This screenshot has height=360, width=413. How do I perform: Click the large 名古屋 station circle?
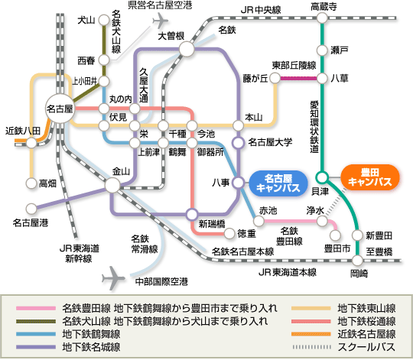point(60,109)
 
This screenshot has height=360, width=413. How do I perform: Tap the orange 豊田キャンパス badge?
point(370,177)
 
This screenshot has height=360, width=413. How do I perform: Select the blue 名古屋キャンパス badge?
point(278,183)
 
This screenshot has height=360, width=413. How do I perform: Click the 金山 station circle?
point(112,184)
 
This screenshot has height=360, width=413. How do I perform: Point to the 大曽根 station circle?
point(187,49)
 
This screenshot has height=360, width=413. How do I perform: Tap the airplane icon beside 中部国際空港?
point(113,277)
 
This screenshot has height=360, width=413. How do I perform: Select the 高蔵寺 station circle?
point(322,18)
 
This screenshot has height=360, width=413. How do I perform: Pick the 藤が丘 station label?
point(255,79)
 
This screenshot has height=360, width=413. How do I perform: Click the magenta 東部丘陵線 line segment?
point(298,78)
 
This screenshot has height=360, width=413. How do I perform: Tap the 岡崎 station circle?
point(358,261)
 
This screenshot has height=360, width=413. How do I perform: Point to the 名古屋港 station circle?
point(31,209)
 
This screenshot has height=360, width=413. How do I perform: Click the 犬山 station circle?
point(104,20)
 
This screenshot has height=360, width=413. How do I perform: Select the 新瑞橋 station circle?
point(192,214)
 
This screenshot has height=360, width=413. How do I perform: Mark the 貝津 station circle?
point(322,177)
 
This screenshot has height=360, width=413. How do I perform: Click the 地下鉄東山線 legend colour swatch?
point(311,308)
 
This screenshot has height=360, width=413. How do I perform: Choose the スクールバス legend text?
point(366,347)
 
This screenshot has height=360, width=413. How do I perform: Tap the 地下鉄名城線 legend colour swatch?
point(36,347)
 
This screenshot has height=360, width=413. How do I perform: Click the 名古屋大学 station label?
point(270,142)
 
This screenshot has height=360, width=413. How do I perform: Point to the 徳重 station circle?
point(229,233)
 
